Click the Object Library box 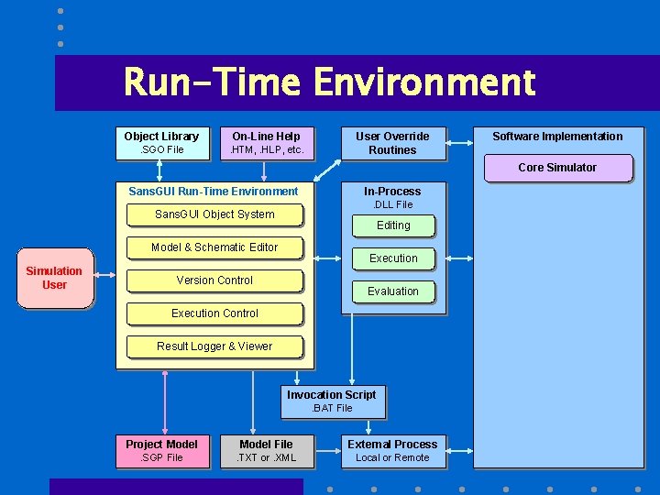161,142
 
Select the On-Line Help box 266,142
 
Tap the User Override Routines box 392,143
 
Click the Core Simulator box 557,168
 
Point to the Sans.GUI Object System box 214,214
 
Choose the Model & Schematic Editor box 214,247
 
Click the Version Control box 214,280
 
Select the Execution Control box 214,313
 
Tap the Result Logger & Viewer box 214,346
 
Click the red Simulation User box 54,278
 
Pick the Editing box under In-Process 393,225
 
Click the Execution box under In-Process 393,258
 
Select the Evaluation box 393,291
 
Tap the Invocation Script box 332,401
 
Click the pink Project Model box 161,451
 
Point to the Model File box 266,451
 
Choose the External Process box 392,451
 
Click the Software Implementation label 557,137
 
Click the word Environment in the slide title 423,82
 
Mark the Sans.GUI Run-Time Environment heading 214,192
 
